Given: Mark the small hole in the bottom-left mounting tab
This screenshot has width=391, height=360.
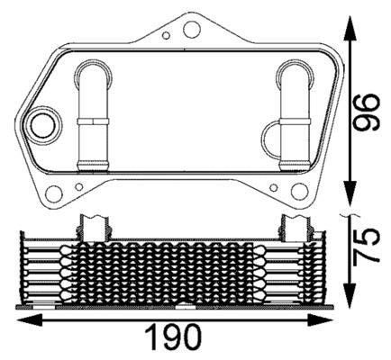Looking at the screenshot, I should tap(80, 187).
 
